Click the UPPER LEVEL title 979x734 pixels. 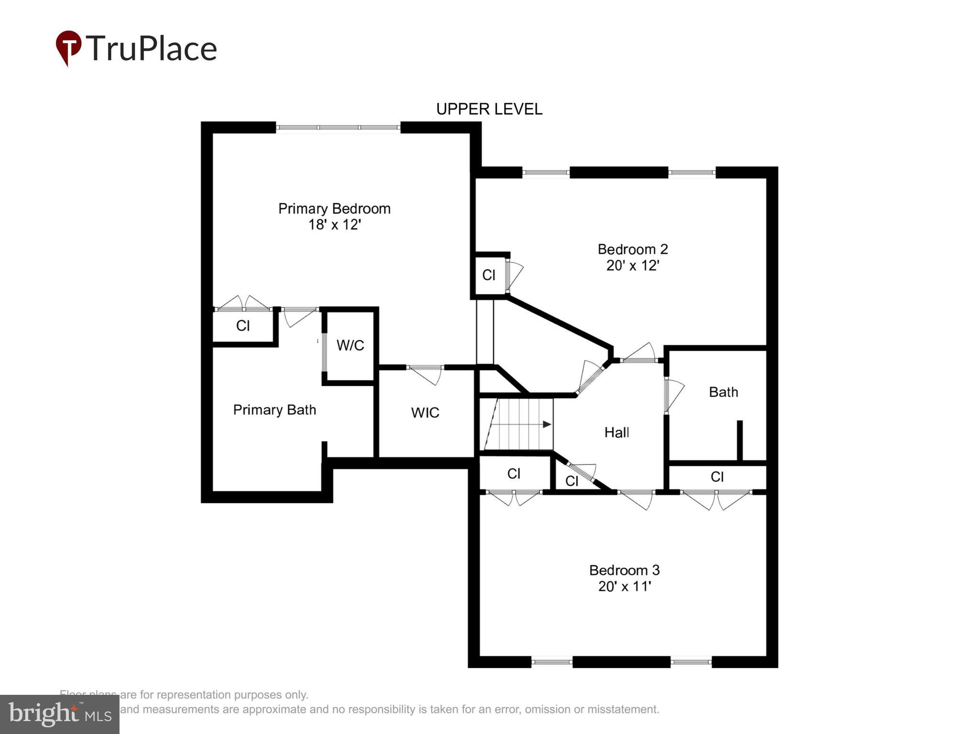tap(489, 109)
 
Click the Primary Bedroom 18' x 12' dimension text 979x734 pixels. tap(334, 225)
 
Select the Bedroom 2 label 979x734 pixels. tap(632, 249)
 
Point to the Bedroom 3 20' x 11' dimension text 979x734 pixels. tap(624, 586)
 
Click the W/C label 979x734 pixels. tap(350, 345)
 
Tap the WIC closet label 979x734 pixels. tap(425, 412)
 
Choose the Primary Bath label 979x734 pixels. tap(274, 410)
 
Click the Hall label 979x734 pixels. tap(616, 432)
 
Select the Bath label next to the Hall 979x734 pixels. tap(723, 392)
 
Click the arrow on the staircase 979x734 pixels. tap(546, 424)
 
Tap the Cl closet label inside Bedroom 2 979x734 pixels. tap(489, 275)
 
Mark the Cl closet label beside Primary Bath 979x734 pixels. tap(243, 326)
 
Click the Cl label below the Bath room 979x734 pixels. tap(717, 476)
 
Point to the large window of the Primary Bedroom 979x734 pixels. tap(338, 127)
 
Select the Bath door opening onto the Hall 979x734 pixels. tap(673, 395)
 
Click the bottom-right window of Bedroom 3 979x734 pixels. tap(691, 662)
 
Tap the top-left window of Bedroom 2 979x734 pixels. tap(545, 173)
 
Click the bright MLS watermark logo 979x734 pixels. tap(60, 714)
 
